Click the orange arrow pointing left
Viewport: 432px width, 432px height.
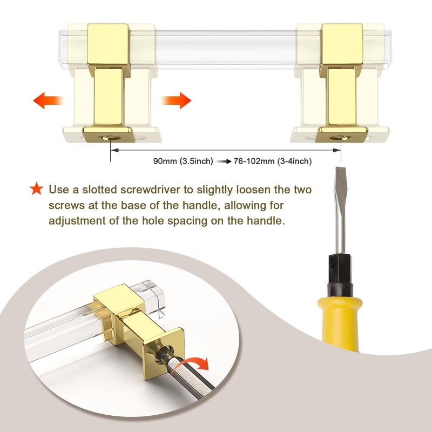(x=48, y=100)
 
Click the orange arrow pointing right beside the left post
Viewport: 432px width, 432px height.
(x=176, y=100)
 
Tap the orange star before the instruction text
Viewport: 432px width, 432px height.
(x=37, y=188)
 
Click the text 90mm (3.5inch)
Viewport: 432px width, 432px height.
(x=183, y=161)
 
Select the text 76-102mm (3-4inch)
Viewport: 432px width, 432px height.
(x=273, y=161)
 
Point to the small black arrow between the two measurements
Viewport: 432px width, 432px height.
(x=224, y=161)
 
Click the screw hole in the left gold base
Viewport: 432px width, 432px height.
(x=110, y=138)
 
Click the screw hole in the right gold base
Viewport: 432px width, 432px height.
(x=341, y=138)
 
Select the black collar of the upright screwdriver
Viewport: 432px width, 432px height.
(x=340, y=275)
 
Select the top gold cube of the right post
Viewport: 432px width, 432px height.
(x=342, y=47)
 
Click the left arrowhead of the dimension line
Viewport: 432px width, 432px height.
(x=114, y=150)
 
